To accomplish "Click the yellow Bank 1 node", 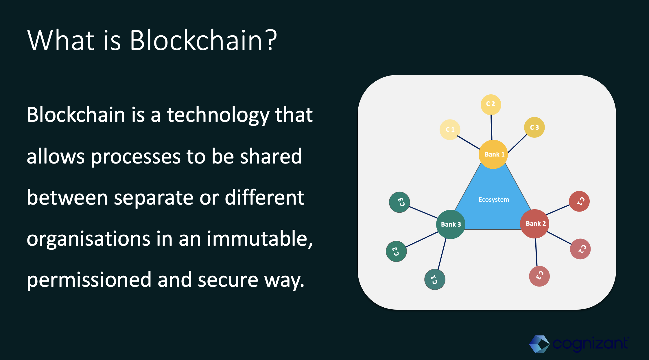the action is (x=493, y=154).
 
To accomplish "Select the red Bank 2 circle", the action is (x=535, y=224).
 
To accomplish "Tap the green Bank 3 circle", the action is (x=451, y=224).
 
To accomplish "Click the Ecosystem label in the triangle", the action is (x=494, y=200).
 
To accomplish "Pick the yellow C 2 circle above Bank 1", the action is (x=491, y=104).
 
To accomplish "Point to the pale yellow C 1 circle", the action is (x=450, y=129).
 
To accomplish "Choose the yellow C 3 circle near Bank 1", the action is (x=534, y=127).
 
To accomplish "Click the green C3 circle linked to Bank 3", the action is (x=399, y=202).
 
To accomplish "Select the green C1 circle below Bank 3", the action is (x=435, y=279).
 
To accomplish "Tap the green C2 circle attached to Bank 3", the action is (x=396, y=251).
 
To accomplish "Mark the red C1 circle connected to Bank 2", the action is (x=579, y=201).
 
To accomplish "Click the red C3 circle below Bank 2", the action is (x=539, y=276).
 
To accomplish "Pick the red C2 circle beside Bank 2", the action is (x=580, y=249).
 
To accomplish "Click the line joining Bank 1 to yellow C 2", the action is (x=491, y=127).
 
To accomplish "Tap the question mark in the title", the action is (x=272, y=41).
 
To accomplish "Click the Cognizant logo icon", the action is (x=539, y=344).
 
